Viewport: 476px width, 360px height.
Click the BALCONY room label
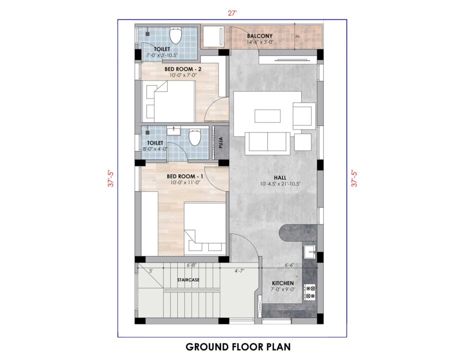(260, 36)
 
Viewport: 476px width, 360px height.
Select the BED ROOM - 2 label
(183, 69)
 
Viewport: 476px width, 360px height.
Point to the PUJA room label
(221, 143)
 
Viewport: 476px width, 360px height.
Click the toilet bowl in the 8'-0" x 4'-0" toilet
(194, 137)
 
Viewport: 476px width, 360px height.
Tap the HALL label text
(280, 177)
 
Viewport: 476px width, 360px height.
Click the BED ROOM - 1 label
(185, 176)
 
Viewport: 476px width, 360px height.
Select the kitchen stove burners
(310, 292)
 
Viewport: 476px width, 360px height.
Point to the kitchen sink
(309, 252)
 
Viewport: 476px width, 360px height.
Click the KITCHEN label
(283, 283)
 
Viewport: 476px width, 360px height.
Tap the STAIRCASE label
(188, 280)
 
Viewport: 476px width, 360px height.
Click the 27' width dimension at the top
(232, 13)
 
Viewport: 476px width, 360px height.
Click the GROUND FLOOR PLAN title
(238, 346)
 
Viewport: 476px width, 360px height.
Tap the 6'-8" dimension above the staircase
(192, 265)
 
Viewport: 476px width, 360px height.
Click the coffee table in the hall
(267, 115)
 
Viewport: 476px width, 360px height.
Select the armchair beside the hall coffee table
(304, 116)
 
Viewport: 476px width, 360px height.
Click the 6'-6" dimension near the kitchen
(289, 265)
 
